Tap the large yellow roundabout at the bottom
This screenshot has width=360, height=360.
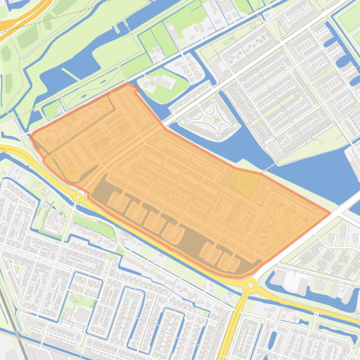pos(250,283)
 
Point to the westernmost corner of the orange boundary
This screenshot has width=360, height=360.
pos(31,136)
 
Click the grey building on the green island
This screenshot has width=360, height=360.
pos(164,81)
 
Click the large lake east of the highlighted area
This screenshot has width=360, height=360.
pos(299,168)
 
